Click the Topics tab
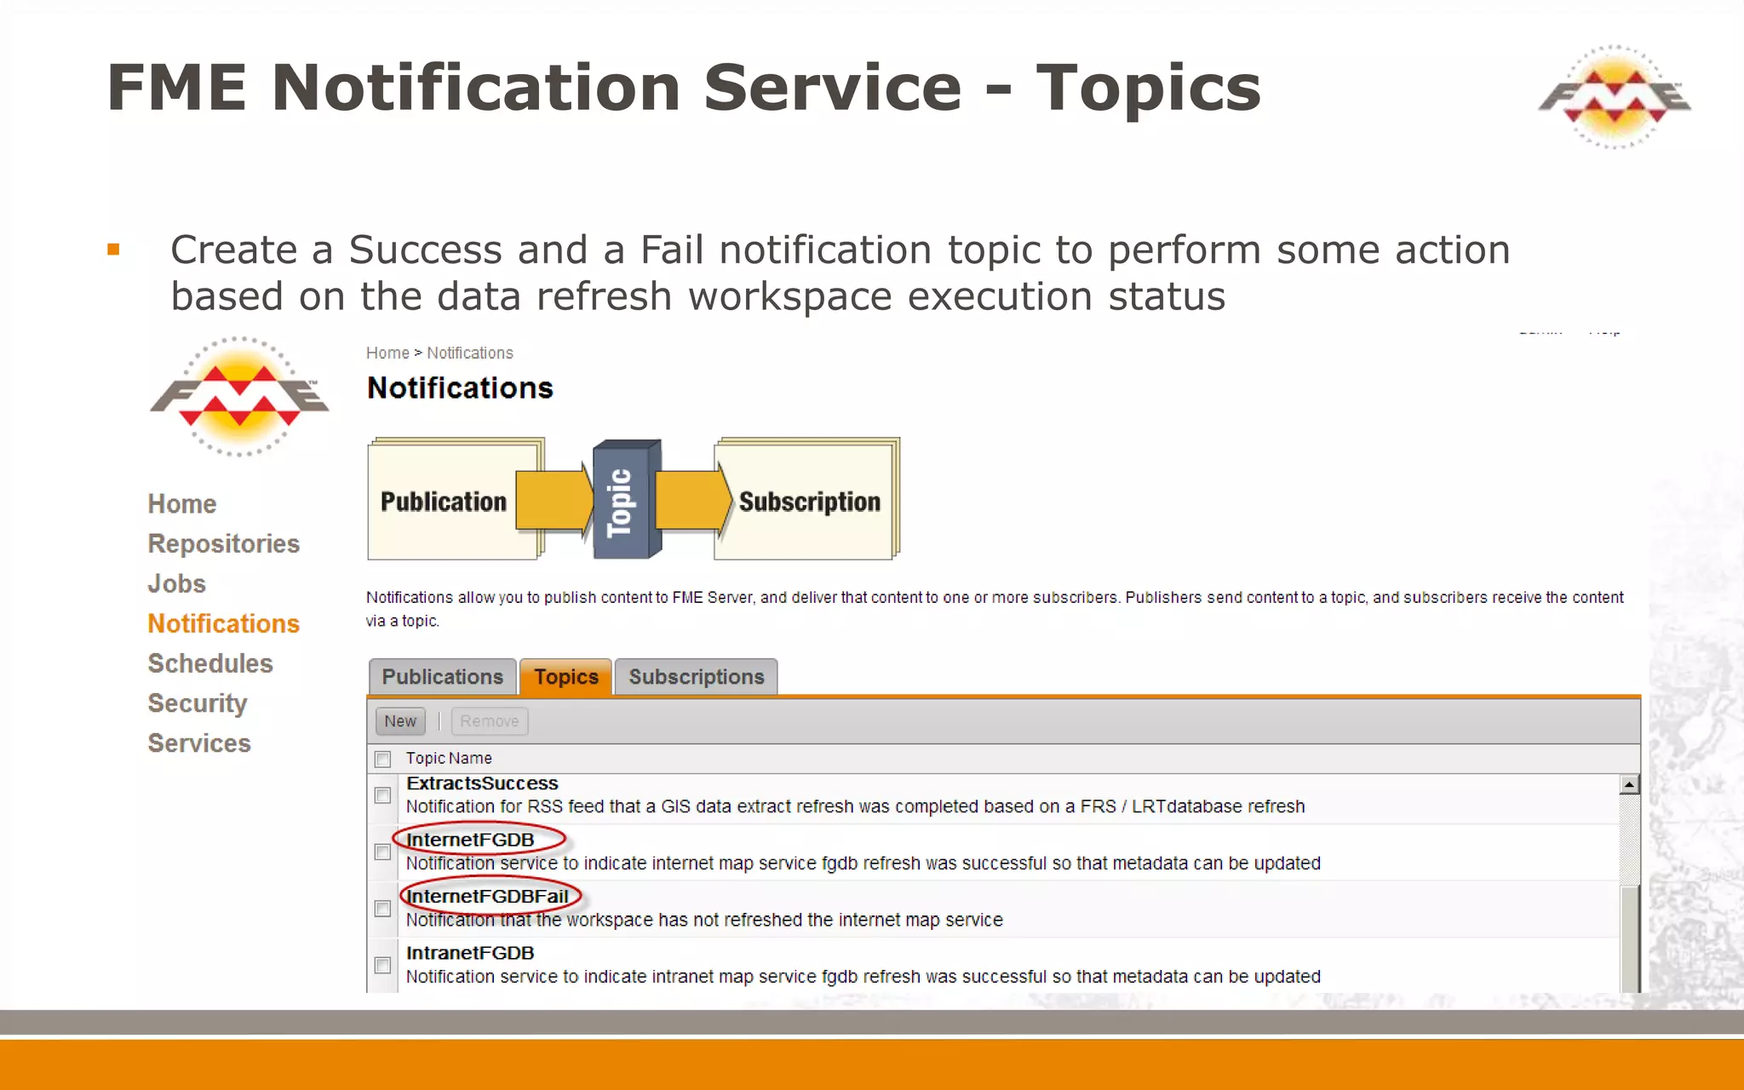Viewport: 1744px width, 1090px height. (x=565, y=677)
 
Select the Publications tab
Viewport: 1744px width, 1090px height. (x=442, y=677)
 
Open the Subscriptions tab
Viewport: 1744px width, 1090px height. (x=696, y=677)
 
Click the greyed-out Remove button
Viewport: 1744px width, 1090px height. (x=489, y=721)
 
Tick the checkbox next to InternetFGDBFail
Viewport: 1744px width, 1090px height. (x=383, y=909)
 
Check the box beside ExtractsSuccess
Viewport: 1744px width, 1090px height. (x=383, y=795)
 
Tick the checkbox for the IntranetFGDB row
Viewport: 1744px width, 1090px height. (x=383, y=965)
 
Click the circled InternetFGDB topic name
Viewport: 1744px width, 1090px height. (x=470, y=840)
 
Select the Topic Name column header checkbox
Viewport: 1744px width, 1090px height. (x=383, y=759)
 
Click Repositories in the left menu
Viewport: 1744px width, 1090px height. (x=223, y=543)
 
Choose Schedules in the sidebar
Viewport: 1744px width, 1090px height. (x=210, y=663)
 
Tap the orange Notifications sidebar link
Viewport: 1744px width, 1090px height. (x=223, y=623)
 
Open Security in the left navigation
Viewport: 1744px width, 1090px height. (x=197, y=703)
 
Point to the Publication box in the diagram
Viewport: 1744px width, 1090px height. (x=443, y=502)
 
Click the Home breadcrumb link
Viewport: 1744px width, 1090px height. (x=387, y=353)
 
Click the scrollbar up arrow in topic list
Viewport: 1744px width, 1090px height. (x=1629, y=784)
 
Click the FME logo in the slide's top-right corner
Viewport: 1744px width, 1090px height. (x=1614, y=97)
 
